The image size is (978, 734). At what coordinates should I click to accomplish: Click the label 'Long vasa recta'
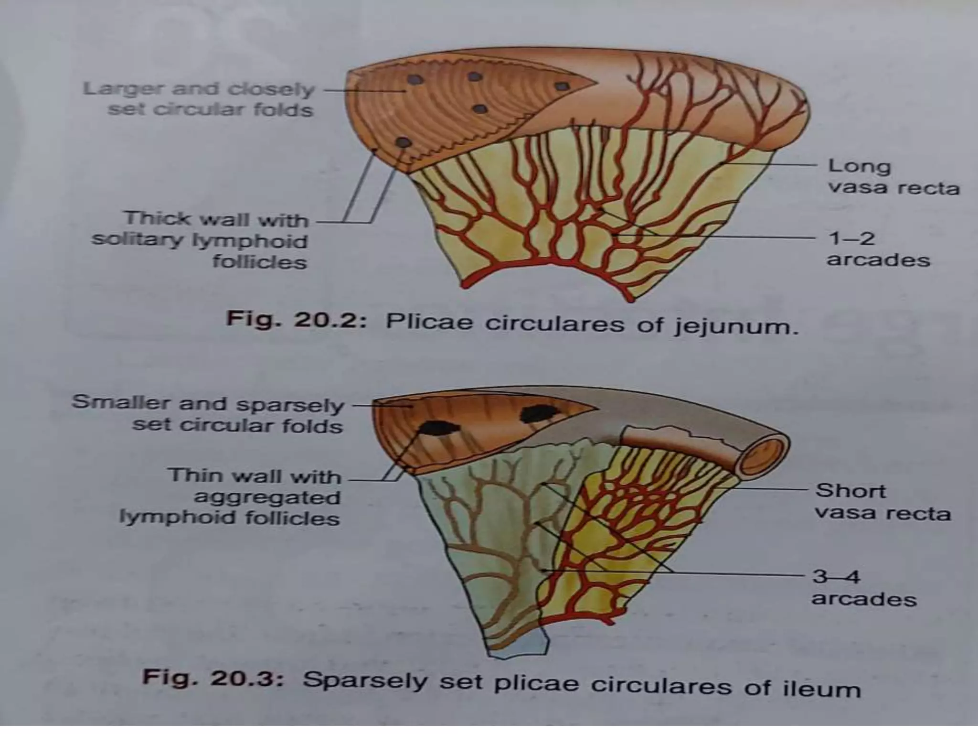coord(893,176)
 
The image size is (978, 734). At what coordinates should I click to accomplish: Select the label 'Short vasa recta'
coord(882,501)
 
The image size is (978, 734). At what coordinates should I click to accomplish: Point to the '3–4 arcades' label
coord(863,587)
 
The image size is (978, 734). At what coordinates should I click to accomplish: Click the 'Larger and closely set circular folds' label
coord(199,99)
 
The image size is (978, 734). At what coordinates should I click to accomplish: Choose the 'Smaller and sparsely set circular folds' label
coord(208,414)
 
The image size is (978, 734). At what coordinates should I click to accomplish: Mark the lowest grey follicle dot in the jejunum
coord(404,142)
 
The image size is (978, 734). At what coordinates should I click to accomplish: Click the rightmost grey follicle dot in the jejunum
coord(563,86)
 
